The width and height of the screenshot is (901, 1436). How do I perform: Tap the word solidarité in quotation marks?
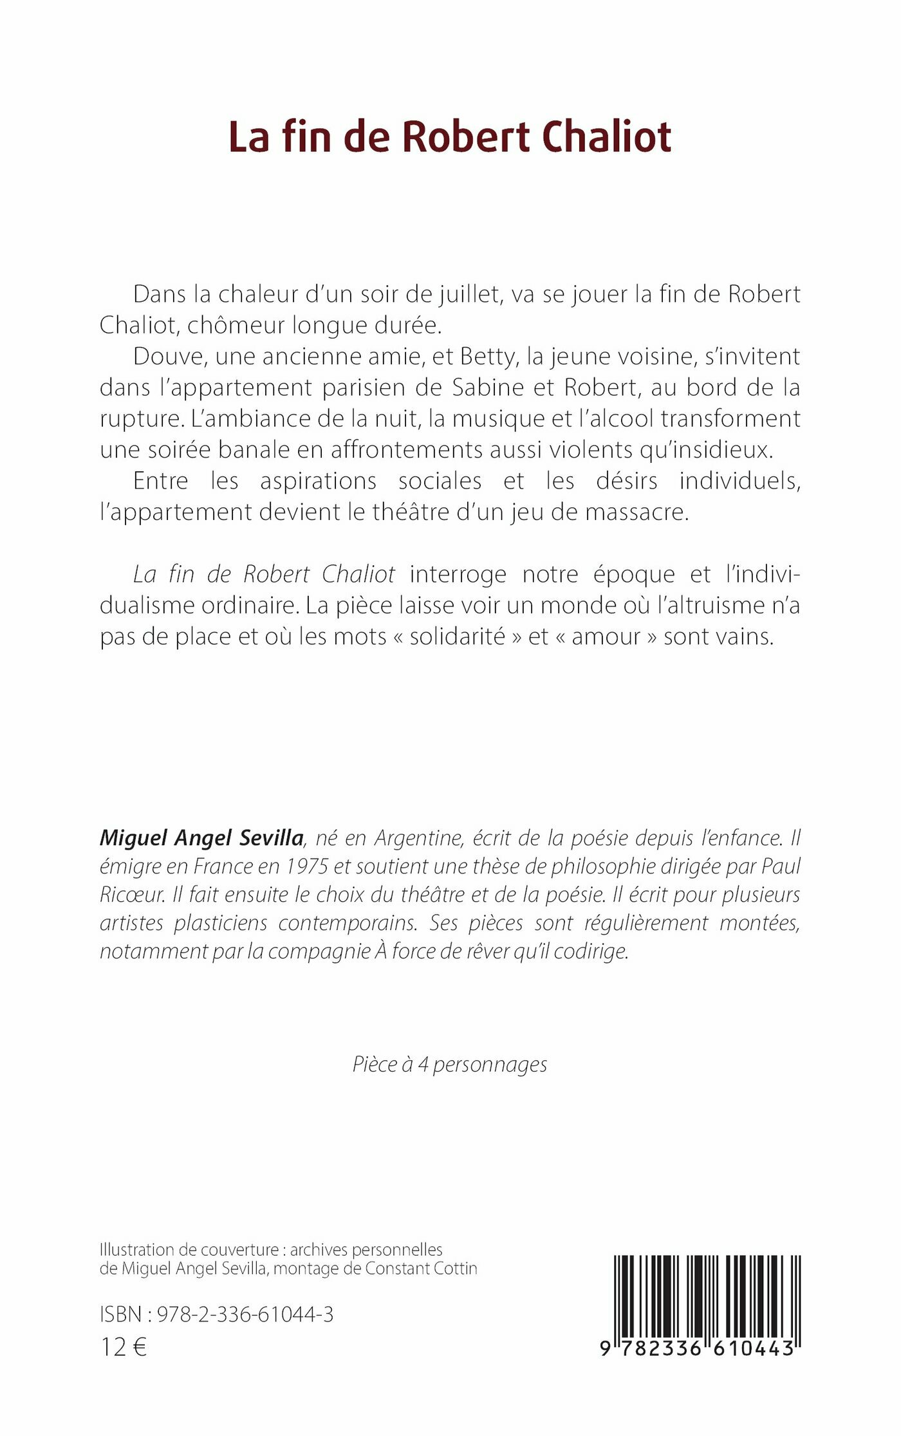pos(457,637)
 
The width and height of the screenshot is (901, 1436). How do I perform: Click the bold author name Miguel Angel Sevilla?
pos(201,838)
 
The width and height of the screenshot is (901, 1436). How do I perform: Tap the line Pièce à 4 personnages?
pos(450,1064)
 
